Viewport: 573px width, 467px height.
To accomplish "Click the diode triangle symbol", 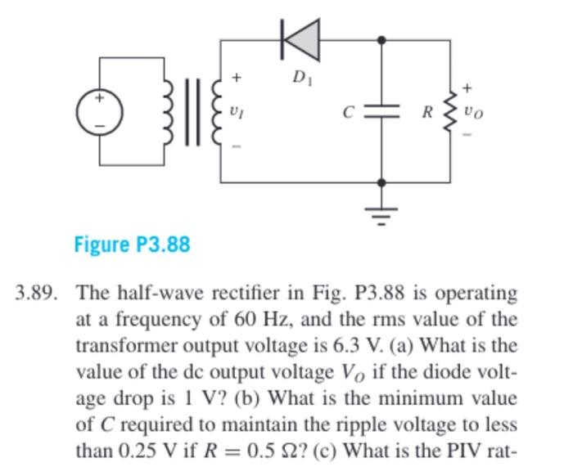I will click(300, 38).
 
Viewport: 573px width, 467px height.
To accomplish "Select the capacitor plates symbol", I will click(381, 111).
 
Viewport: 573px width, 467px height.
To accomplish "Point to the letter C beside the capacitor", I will click(348, 112).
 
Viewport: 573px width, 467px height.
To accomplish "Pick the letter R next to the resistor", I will click(426, 112).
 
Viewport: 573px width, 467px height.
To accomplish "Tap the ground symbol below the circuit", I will click(381, 211).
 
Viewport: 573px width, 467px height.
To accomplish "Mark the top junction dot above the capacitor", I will click(381, 38).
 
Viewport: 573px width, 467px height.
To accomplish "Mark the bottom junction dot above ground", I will click(381, 182).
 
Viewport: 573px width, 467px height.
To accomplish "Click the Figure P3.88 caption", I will click(132, 244).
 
